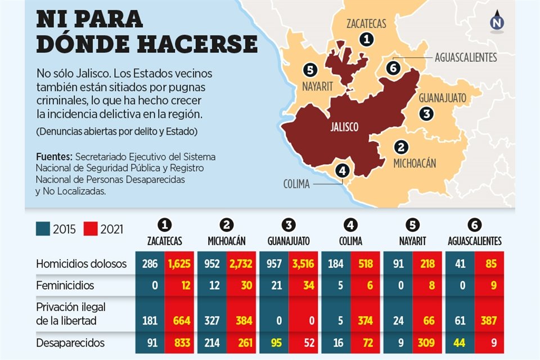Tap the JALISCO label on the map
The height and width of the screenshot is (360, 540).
pyautogui.click(x=344, y=127)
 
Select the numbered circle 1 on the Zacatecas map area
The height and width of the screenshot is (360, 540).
pyautogui.click(x=367, y=39)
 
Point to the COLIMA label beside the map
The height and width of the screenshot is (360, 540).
pyautogui.click(x=296, y=184)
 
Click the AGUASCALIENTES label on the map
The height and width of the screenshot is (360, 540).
pyautogui.click(x=465, y=57)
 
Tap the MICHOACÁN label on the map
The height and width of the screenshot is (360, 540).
pyautogui.click(x=415, y=163)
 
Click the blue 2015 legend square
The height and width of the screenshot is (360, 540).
pyautogui.click(x=42, y=229)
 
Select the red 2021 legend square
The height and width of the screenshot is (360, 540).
pyautogui.click(x=90, y=229)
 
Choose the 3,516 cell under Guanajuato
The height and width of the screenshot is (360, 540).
pyautogui.click(x=304, y=263)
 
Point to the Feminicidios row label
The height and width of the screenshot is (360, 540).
pyautogui.click(x=65, y=286)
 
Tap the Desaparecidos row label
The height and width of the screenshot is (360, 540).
pyautogui.click(x=70, y=342)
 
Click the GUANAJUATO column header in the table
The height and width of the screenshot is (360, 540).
pyautogui.click(x=289, y=241)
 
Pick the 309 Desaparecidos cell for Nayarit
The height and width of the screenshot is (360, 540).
pyautogui.click(x=428, y=342)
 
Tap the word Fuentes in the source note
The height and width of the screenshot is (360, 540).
pyautogui.click(x=53, y=157)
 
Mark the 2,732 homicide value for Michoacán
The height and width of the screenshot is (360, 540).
pyautogui.click(x=242, y=263)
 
